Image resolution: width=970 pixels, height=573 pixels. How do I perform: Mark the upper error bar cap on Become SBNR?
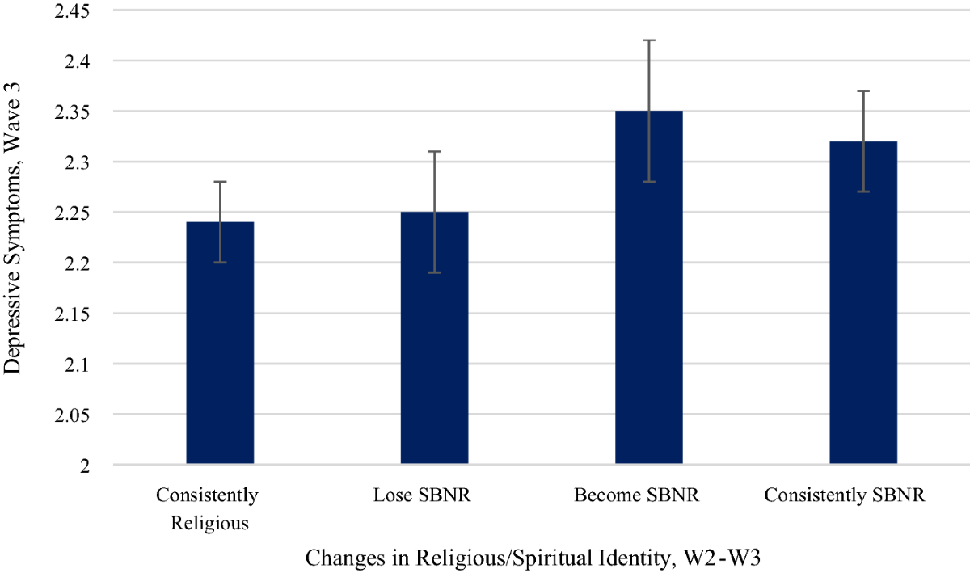[648, 40]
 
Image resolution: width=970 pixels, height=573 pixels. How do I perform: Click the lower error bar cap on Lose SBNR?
[434, 273]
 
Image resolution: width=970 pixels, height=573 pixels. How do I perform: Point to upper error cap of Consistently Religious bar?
[220, 182]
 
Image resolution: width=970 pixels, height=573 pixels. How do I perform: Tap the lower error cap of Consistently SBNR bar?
[862, 192]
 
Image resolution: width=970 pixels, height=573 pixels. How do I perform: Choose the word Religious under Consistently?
[209, 523]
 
